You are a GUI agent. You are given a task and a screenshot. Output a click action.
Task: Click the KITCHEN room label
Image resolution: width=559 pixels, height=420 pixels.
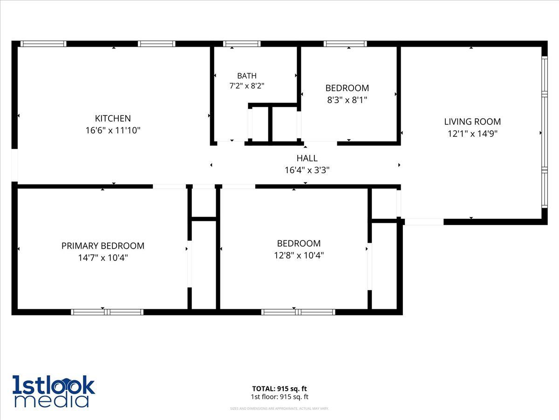point(113,119)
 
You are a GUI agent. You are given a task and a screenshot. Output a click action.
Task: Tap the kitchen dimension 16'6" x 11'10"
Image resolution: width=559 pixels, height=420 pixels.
point(113,130)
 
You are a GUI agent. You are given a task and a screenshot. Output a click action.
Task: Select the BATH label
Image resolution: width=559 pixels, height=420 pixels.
point(247,76)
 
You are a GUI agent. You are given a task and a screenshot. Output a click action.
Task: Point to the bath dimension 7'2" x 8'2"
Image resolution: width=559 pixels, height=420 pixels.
point(247,86)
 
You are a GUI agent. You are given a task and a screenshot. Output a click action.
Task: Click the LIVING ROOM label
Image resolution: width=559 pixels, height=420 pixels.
point(472,122)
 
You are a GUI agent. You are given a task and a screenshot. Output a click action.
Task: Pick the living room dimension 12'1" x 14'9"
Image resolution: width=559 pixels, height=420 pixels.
point(472,133)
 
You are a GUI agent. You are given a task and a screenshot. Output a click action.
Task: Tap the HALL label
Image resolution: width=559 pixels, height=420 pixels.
point(307,158)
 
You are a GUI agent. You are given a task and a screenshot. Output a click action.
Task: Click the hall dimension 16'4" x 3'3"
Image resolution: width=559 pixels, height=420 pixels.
point(307,170)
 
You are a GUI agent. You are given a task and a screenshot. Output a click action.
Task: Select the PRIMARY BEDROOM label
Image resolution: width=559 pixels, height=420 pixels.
point(102,246)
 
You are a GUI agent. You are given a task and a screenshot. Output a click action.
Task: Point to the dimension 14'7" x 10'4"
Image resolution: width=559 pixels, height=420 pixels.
point(102,258)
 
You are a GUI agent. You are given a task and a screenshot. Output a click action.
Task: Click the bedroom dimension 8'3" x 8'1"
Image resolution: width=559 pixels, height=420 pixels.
point(347,100)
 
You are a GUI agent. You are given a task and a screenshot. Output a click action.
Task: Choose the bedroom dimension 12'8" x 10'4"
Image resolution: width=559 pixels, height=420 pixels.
point(299,255)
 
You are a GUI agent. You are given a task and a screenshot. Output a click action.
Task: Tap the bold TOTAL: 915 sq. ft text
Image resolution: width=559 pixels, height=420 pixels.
point(279,389)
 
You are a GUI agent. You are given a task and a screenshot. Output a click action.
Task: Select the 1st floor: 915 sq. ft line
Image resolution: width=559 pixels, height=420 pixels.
point(279,397)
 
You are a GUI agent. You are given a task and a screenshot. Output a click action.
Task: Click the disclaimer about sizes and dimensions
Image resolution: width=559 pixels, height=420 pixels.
point(279,408)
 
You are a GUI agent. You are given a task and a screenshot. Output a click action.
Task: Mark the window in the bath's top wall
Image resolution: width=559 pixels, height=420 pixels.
point(242,43)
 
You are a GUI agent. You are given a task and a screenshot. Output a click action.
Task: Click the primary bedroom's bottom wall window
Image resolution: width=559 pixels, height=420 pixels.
point(107,312)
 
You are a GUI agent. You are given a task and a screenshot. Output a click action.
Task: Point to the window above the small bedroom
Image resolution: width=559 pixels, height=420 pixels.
point(345,43)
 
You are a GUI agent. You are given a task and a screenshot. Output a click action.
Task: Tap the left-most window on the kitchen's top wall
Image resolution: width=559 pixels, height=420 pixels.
point(43,43)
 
